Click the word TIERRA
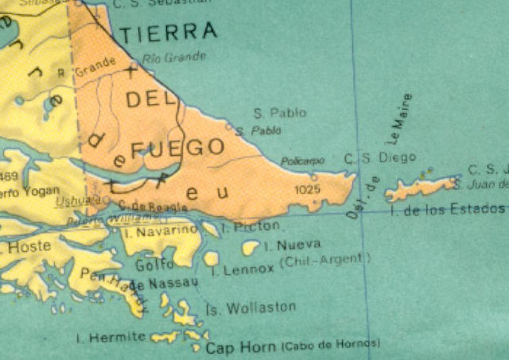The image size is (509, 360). (x=169, y=32)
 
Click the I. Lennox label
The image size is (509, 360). (x=243, y=270)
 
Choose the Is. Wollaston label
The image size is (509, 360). (x=251, y=308)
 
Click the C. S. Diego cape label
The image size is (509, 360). (x=369, y=158)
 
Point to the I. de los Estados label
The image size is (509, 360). (x=448, y=209)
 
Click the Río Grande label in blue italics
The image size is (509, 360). (x=175, y=56)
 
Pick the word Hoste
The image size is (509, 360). (x=29, y=246)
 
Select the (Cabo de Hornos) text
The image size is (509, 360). (x=330, y=345)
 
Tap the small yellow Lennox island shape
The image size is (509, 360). (x=211, y=258)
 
